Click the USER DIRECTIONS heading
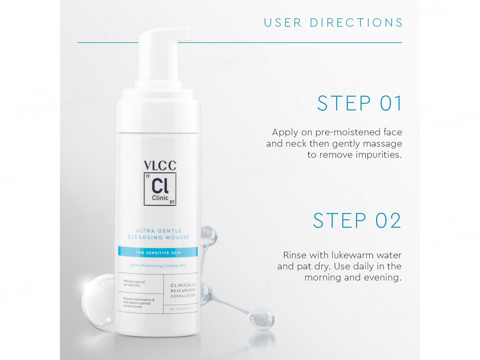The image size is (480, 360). [x=333, y=23]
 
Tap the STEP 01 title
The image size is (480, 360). [x=360, y=104]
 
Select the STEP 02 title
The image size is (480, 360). [x=357, y=220]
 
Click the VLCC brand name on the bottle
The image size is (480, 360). [x=160, y=166]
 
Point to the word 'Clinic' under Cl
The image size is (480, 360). [x=160, y=197]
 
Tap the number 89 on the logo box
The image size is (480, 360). [x=171, y=202]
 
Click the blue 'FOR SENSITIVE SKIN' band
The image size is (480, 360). [x=157, y=252]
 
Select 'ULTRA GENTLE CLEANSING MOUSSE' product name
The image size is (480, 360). [x=158, y=234]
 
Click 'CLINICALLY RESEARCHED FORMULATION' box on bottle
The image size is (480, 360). [x=183, y=290]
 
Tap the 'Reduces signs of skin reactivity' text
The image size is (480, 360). [x=134, y=283]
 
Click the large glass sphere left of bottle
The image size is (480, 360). [x=98, y=301]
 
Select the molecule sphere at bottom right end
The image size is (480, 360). [x=262, y=318]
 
